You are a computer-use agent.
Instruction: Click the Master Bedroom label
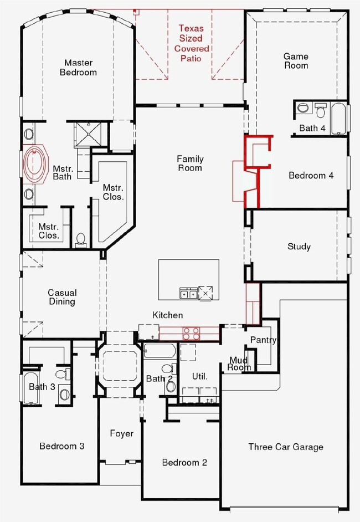(x=78, y=68)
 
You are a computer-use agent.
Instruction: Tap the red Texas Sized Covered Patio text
(x=191, y=43)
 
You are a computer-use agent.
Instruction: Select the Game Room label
(x=296, y=61)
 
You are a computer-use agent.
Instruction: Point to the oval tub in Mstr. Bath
(x=35, y=163)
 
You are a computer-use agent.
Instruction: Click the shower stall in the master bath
(x=88, y=134)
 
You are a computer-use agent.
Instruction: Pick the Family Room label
(x=190, y=163)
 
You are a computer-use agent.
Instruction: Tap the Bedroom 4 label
(x=311, y=176)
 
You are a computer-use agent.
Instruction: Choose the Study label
(x=299, y=247)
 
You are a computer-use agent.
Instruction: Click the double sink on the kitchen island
(x=188, y=293)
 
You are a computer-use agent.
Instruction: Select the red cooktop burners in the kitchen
(x=191, y=334)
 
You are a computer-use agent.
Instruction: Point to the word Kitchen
(x=167, y=315)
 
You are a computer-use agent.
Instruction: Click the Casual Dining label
(x=62, y=297)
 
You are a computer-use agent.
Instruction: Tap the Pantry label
(x=263, y=340)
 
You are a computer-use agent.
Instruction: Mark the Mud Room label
(x=239, y=364)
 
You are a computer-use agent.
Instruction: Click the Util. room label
(x=199, y=376)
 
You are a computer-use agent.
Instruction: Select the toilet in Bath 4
(x=321, y=110)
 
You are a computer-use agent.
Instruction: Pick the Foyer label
(x=121, y=433)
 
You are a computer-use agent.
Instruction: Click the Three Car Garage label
(x=285, y=447)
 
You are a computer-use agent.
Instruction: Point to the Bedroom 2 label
(x=184, y=462)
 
